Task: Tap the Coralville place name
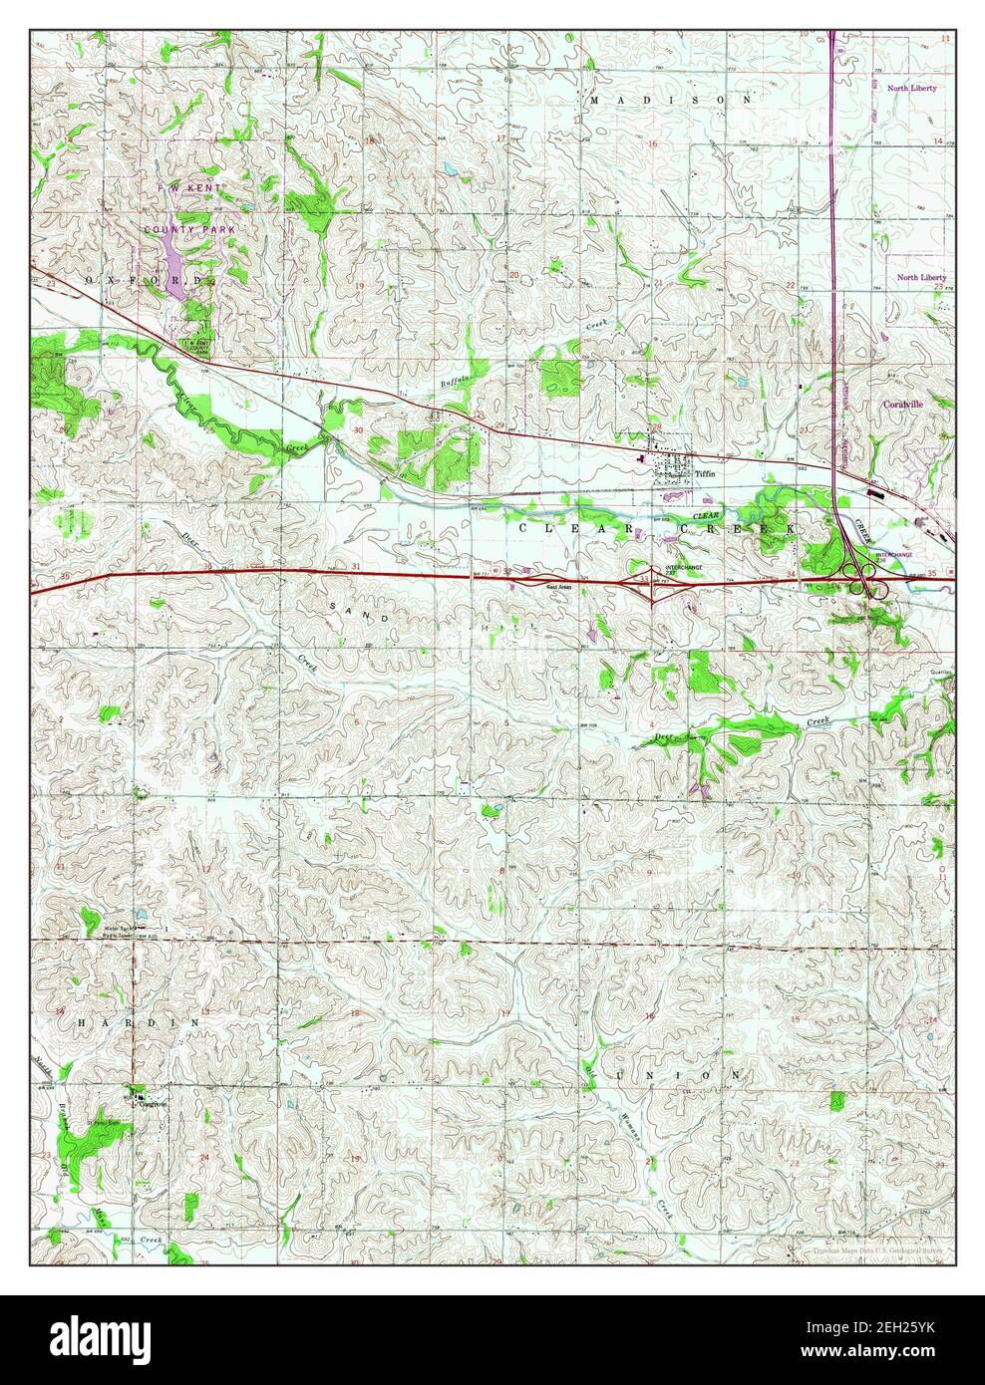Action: click(904, 405)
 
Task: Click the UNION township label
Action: click(678, 1076)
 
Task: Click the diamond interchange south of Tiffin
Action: click(652, 580)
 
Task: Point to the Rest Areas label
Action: click(558, 587)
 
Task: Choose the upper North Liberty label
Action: click(916, 89)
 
